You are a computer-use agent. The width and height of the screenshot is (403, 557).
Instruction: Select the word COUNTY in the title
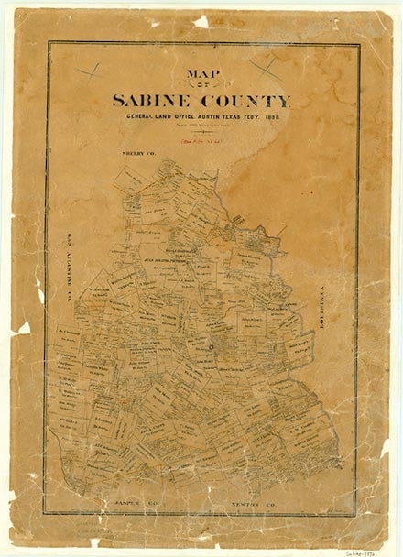point(245,101)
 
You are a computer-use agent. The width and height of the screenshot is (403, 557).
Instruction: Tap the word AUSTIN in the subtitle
point(218,117)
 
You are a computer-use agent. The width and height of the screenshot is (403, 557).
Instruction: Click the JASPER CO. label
point(143,503)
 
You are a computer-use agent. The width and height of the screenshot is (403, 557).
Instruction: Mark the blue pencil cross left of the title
point(89,70)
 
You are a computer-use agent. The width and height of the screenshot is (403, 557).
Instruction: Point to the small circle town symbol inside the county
point(210,346)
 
